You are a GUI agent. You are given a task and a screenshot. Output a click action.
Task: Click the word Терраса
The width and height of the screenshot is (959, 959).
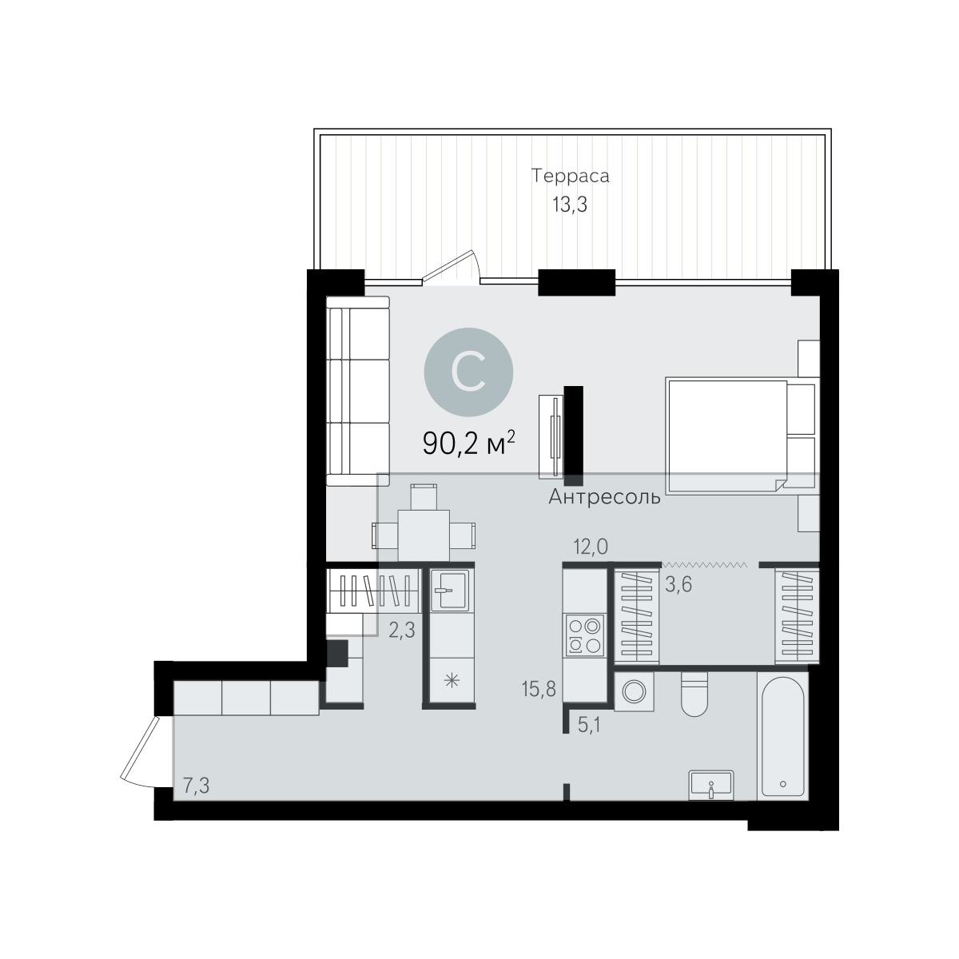click(571, 176)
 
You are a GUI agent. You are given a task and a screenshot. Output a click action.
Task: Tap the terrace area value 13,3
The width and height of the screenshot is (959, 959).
click(570, 205)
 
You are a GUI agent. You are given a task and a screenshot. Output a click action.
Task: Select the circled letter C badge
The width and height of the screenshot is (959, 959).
click(468, 372)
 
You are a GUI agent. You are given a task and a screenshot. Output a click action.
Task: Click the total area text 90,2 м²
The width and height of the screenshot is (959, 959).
click(469, 443)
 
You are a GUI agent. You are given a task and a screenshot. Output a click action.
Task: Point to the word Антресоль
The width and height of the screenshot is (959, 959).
click(605, 496)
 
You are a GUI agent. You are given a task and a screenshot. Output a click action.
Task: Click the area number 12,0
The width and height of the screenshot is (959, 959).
click(591, 547)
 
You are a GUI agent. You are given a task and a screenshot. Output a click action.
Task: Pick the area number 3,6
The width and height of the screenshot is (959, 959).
click(678, 584)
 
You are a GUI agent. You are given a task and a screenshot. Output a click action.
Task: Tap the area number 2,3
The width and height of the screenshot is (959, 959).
click(402, 631)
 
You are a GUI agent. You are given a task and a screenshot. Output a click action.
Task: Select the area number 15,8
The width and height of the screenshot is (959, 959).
click(539, 689)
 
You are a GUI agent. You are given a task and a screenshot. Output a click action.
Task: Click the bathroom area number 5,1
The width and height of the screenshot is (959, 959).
click(589, 725)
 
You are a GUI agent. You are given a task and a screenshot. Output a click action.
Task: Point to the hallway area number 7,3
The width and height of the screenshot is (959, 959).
click(196, 786)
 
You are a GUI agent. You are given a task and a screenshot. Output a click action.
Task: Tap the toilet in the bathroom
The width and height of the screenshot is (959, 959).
click(694, 694)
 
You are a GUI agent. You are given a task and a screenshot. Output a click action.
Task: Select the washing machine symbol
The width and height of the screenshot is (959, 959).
click(634, 691)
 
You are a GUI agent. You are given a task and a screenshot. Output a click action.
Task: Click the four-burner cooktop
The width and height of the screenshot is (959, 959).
click(585, 635)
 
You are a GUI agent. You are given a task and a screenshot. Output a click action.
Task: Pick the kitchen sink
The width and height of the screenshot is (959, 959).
click(450, 591)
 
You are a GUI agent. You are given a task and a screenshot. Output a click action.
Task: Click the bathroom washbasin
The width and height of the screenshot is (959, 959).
click(711, 786)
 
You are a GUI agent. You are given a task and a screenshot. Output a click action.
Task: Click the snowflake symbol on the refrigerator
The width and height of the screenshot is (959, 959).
click(452, 680)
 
